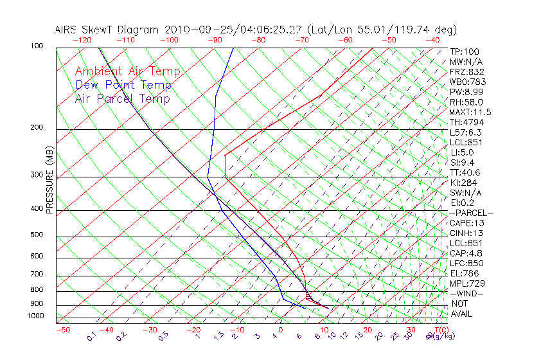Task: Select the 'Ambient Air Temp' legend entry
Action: (x=128, y=71)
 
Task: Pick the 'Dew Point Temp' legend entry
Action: (x=123, y=85)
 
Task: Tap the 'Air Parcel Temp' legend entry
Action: (x=123, y=98)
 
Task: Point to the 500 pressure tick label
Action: (x=36, y=235)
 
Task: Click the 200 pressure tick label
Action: (x=36, y=128)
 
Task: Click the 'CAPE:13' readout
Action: (x=466, y=223)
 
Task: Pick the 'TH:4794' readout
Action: (x=466, y=122)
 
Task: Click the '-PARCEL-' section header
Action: (x=471, y=213)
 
